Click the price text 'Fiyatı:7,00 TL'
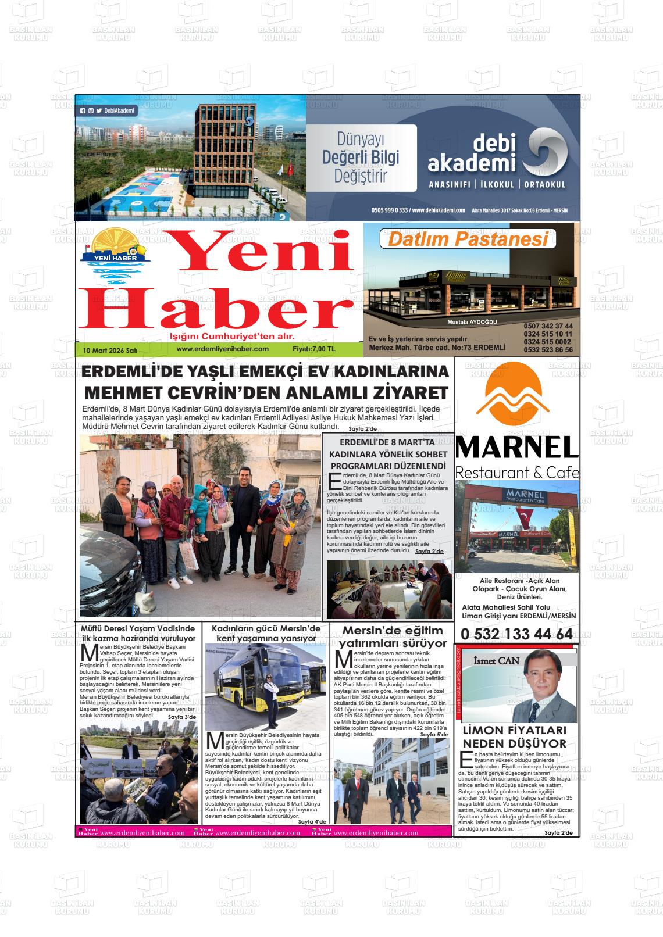(x=314, y=349)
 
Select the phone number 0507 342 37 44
(x=548, y=326)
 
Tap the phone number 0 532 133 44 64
(x=516, y=634)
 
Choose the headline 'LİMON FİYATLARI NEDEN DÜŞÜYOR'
(x=514, y=737)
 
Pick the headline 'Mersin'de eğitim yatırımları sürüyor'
(x=393, y=636)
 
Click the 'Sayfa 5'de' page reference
(x=434, y=734)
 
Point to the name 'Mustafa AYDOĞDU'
(x=472, y=322)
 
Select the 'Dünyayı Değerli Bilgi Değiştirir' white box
(x=361, y=158)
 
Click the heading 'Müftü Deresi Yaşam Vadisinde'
(x=138, y=629)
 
